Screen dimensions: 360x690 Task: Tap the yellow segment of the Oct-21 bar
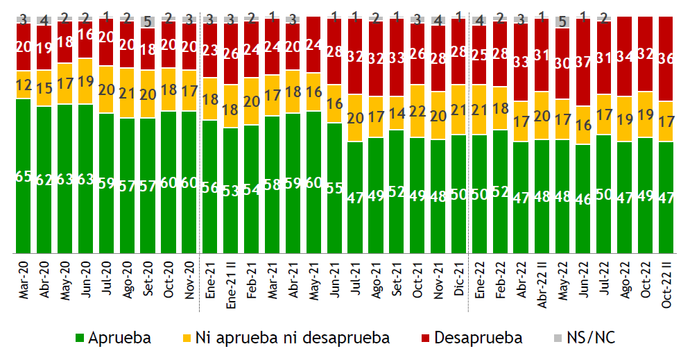click(x=417, y=111)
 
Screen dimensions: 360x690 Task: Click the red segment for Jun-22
click(x=583, y=62)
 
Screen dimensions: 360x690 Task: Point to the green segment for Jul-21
click(x=355, y=198)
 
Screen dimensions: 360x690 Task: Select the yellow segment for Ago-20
click(x=127, y=93)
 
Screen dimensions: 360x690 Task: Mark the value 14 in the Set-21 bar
click(x=397, y=114)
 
